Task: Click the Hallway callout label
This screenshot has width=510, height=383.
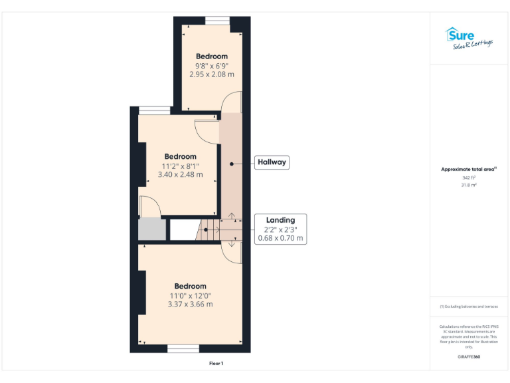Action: click(272, 162)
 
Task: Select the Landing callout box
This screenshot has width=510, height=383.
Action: click(281, 229)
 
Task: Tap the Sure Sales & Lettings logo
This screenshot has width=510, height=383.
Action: click(469, 38)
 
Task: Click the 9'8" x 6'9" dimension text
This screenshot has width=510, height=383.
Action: click(212, 65)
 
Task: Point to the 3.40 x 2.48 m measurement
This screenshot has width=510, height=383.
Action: click(180, 174)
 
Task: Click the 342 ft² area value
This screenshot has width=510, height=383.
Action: click(469, 178)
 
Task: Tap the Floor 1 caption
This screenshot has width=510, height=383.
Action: click(216, 364)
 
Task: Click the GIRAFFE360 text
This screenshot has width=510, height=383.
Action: click(469, 357)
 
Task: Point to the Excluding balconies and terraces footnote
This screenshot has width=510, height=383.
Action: click(469, 306)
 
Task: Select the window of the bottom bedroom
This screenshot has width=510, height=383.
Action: click(179, 348)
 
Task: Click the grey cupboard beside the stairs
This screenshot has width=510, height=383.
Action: click(151, 229)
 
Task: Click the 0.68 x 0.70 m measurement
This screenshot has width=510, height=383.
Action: click(281, 237)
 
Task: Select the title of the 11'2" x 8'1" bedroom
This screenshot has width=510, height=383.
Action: click(180, 157)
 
